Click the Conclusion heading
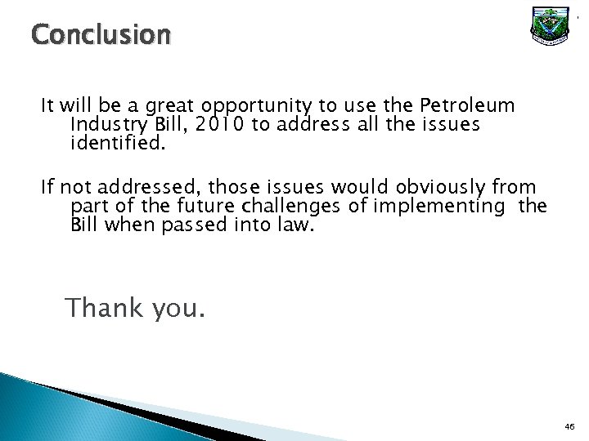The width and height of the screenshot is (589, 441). [x=101, y=36]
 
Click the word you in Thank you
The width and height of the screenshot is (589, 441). [x=179, y=309]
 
